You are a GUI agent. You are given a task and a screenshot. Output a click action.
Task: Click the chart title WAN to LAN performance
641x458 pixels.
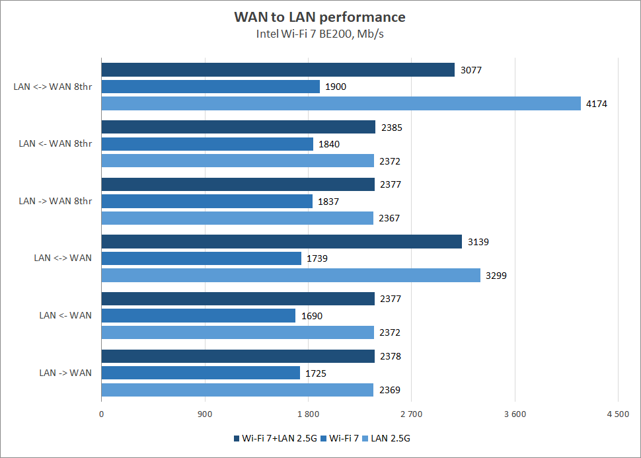(x=320, y=17)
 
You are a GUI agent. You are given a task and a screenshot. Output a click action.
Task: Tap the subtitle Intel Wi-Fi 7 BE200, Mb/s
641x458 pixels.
(x=320, y=34)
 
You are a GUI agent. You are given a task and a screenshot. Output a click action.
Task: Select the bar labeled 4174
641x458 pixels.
(x=341, y=104)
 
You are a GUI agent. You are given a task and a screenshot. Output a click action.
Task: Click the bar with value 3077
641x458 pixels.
(x=278, y=70)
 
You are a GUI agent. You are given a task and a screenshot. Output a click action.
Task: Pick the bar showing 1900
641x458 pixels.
(x=210, y=87)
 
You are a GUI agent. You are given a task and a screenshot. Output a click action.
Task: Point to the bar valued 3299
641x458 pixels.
(x=291, y=275)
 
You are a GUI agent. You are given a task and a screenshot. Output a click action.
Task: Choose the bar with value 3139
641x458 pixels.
(x=282, y=242)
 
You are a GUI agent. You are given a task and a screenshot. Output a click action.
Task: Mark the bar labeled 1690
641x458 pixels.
(x=198, y=316)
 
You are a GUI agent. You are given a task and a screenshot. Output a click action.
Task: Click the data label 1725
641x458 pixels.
(x=316, y=373)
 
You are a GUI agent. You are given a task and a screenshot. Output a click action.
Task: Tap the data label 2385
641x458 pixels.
(x=391, y=128)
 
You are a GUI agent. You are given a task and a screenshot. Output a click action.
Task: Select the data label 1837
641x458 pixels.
(x=328, y=202)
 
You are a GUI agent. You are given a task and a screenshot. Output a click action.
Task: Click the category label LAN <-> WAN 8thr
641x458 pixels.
(x=53, y=87)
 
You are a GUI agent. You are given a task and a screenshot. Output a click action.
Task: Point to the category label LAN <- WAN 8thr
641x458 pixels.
(x=56, y=143)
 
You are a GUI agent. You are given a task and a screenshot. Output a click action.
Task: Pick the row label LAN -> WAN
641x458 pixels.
(x=65, y=373)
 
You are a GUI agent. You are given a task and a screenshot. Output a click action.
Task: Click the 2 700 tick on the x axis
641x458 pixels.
(x=411, y=414)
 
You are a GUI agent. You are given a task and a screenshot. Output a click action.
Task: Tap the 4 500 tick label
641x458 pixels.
(x=618, y=414)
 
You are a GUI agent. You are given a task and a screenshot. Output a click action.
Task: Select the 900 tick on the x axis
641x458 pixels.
(x=205, y=414)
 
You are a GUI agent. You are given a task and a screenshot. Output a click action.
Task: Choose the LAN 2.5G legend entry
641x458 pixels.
(x=395, y=438)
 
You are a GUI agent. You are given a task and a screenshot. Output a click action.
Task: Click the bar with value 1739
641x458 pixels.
(x=201, y=258)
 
